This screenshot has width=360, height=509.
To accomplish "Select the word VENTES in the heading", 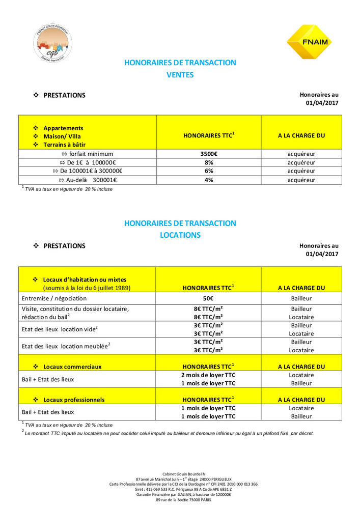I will [x=180, y=75].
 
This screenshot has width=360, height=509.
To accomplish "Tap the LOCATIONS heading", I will [x=180, y=235].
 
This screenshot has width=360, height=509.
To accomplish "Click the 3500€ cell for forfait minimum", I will [x=209, y=154].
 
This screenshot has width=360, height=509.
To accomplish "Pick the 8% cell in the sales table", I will [x=209, y=162].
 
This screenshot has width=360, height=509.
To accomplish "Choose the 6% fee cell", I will [x=209, y=171].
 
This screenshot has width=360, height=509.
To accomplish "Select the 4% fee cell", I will [x=209, y=180].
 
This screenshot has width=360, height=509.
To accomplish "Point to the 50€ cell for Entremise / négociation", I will [x=209, y=298].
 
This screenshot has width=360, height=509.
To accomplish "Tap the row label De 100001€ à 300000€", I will [x=88, y=171].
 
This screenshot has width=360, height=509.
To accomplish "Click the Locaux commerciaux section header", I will [x=72, y=366].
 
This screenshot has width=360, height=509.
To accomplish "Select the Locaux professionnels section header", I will [x=74, y=400].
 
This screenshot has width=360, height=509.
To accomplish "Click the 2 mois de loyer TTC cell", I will [x=209, y=375].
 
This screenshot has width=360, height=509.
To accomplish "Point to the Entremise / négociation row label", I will [x=54, y=298].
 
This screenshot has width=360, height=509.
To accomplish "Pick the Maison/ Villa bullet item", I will [x=62, y=136].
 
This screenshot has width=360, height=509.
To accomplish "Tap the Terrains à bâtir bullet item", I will [x=65, y=145].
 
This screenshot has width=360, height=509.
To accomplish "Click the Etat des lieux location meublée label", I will [x=66, y=346].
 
